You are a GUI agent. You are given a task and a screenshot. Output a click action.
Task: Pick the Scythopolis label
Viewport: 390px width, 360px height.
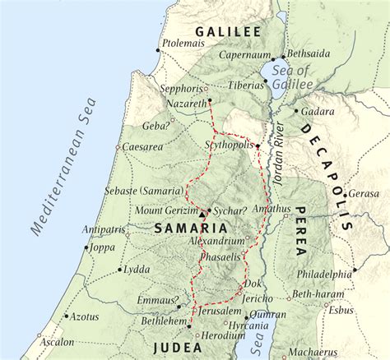click(x=228, y=141)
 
